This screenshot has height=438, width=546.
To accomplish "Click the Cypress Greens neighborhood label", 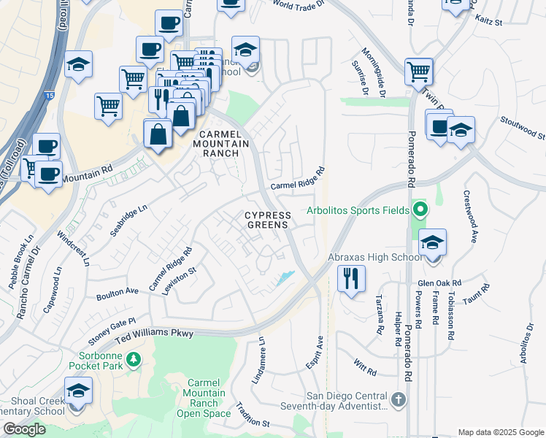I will click(267, 220).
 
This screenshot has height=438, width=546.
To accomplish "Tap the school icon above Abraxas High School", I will click(432, 242).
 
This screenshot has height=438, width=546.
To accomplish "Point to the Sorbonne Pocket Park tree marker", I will click(133, 358).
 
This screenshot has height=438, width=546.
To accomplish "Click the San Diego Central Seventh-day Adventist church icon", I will click(398, 399).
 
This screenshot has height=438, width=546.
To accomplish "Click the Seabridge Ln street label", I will click(127, 218).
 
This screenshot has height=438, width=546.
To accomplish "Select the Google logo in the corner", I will click(23, 429).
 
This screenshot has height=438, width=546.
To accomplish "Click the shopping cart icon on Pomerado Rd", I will click(419, 72).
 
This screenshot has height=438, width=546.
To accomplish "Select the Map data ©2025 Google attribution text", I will click(500, 431).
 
